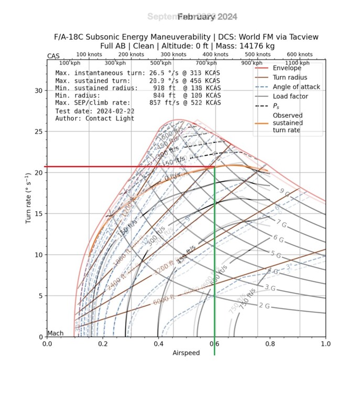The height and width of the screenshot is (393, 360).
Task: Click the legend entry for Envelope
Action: [x=286, y=68]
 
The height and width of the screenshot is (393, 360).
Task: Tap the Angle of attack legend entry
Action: [x=294, y=87]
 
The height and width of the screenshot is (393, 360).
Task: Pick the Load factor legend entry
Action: [x=290, y=96]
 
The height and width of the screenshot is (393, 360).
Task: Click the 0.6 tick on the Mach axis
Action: [x=214, y=344]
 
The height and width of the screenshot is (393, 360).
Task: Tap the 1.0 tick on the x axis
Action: [x=325, y=344]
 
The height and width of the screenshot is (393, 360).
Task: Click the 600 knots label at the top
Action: [x=299, y=54]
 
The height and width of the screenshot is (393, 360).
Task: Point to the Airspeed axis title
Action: [x=186, y=353]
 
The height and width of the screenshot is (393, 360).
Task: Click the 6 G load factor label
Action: [x=279, y=238]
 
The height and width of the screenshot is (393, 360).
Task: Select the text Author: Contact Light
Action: [x=95, y=118]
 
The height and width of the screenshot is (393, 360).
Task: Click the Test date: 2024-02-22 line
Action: [x=89, y=111]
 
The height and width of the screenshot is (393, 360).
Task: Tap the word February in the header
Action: [x=197, y=17]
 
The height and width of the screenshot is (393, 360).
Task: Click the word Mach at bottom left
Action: [x=55, y=333]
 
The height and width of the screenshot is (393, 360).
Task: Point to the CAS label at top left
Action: [x=53, y=56]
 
